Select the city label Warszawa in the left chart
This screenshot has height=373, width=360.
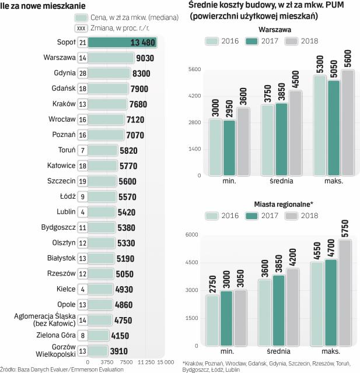[x=60, y=58]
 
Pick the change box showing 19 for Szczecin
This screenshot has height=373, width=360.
[x=82, y=181]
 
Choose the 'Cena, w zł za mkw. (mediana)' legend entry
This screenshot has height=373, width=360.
[x=121, y=17]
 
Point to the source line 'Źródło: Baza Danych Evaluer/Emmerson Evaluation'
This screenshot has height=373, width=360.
[x=64, y=369]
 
